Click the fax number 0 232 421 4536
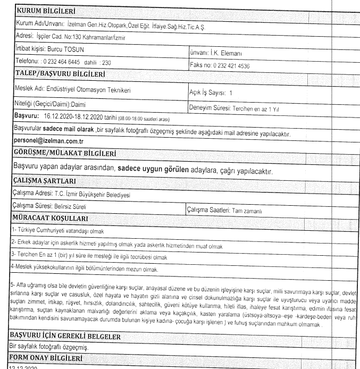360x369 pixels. pos(231,66)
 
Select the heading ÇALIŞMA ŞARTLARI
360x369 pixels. pos(50,182)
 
